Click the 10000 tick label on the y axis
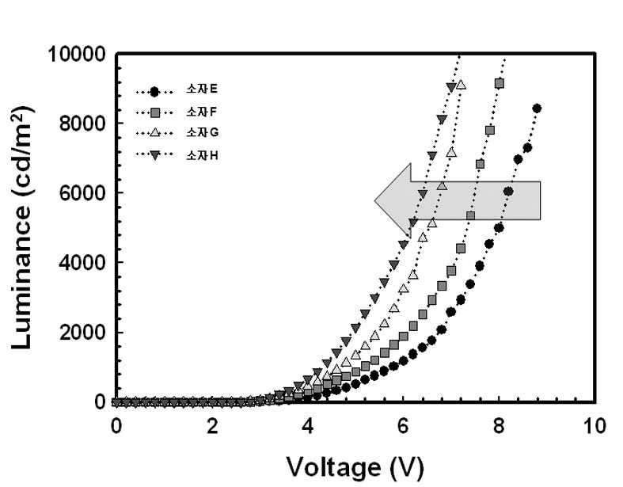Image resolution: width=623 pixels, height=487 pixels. [77, 54]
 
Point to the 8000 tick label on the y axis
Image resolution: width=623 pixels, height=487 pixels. [82, 124]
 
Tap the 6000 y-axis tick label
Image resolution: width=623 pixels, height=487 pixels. [82, 193]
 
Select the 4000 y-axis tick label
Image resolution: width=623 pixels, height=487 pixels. [82, 263]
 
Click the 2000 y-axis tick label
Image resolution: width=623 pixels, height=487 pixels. [82, 333]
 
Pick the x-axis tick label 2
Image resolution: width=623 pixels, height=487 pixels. [212, 426]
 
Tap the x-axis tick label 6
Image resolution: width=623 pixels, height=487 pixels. [403, 426]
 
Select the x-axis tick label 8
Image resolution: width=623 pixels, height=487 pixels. [499, 426]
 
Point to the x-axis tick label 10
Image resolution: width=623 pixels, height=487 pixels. [595, 426]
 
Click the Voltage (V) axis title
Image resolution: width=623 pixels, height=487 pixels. [355, 468]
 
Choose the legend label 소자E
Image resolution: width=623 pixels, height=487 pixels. [202, 89]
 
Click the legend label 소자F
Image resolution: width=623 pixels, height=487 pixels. [201, 112]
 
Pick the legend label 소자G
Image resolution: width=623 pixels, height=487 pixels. [202, 132]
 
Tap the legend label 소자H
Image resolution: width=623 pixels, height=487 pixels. [202, 155]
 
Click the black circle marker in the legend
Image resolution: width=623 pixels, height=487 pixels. [154, 92]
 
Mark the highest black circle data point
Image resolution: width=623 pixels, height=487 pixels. [537, 108]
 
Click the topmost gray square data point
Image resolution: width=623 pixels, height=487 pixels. [500, 83]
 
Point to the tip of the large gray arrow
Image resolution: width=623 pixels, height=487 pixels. [374, 201]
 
